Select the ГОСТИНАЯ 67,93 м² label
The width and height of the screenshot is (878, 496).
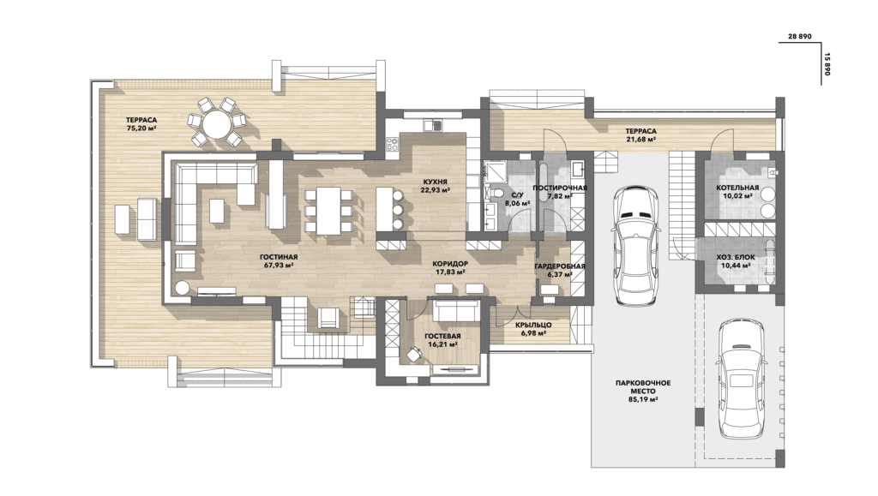[279, 261]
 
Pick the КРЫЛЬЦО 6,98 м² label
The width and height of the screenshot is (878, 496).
[533, 329]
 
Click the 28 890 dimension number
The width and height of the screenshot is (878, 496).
[800, 36]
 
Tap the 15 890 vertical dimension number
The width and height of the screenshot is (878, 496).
[827, 64]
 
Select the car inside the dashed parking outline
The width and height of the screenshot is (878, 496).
[741, 379]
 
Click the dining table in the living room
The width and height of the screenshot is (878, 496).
[328, 211]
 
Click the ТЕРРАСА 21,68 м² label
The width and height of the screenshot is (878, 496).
[641, 134]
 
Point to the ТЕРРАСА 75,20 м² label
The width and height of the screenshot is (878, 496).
[141, 123]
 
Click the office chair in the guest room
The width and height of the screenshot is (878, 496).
[414, 353]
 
